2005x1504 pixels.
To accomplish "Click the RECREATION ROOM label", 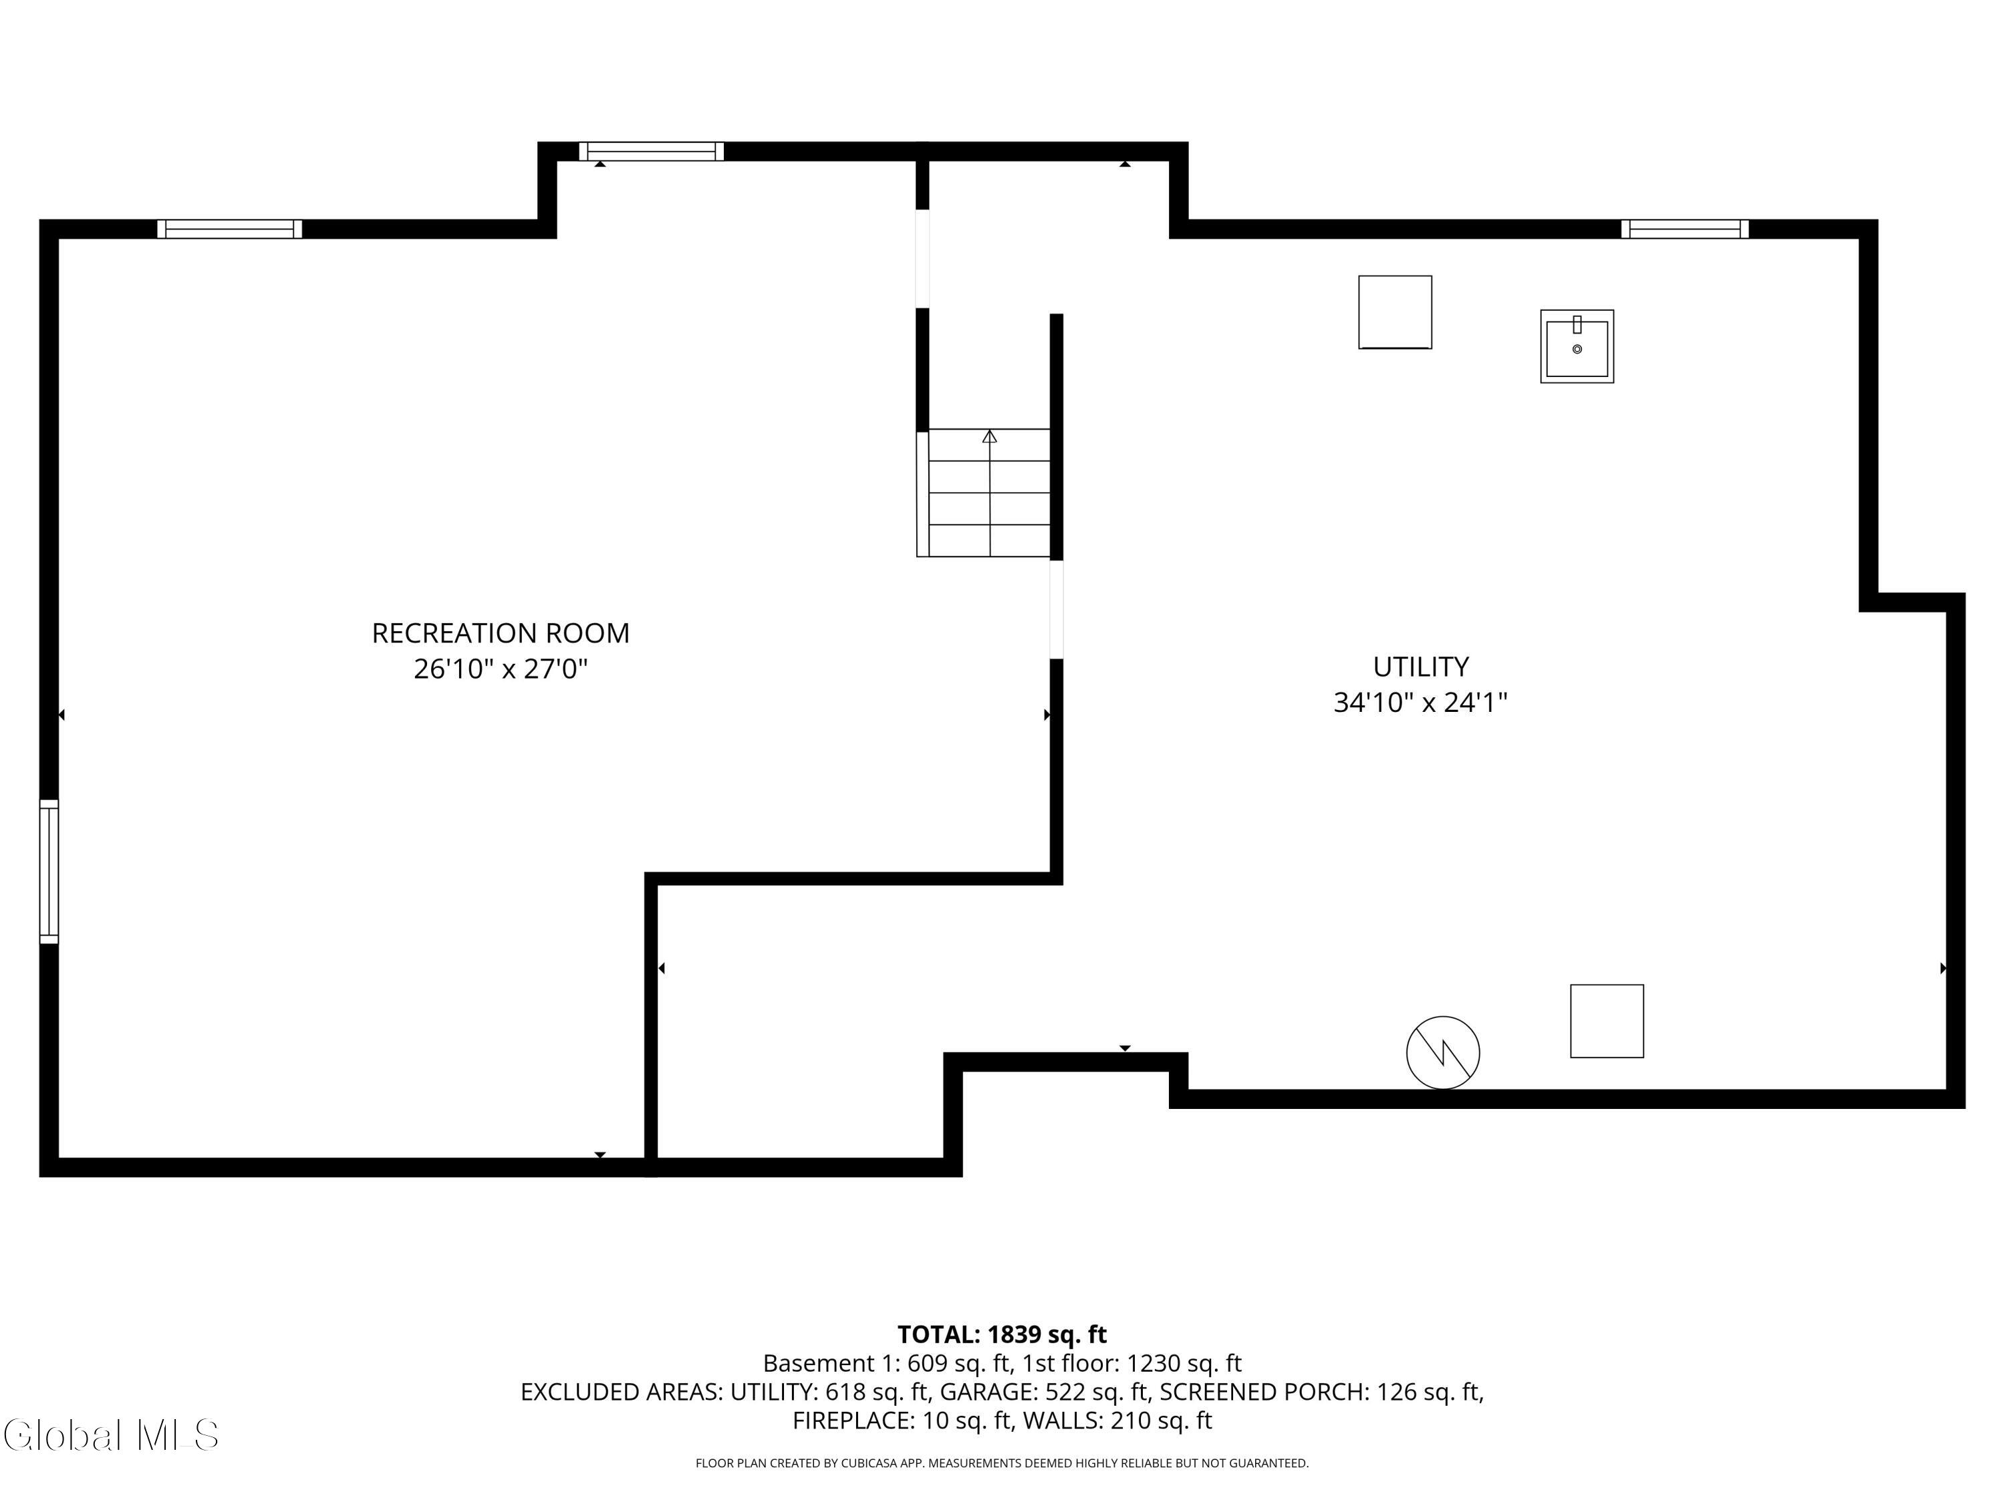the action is (x=501, y=633).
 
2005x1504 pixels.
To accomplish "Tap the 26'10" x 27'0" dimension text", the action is (x=501, y=669).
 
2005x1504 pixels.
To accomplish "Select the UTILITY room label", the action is (x=1420, y=666).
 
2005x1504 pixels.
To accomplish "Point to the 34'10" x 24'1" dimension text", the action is (x=1420, y=703).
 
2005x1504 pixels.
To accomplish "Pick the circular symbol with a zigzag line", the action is (x=1443, y=1053).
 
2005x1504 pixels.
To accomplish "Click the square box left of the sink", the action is (x=1395, y=312).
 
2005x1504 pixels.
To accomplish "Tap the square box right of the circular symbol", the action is (x=1607, y=1021).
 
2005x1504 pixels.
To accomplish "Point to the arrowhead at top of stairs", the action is (x=990, y=436).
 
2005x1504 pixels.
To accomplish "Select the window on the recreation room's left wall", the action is (x=49, y=871).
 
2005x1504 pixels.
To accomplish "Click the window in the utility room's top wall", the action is (x=1685, y=229).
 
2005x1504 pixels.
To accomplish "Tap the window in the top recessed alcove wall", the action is (x=651, y=151).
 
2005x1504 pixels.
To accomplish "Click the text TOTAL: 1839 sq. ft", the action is (x=1002, y=1334).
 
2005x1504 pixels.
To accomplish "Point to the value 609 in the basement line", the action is (x=927, y=1364).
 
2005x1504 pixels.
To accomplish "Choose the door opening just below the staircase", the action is (x=1056, y=609).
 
